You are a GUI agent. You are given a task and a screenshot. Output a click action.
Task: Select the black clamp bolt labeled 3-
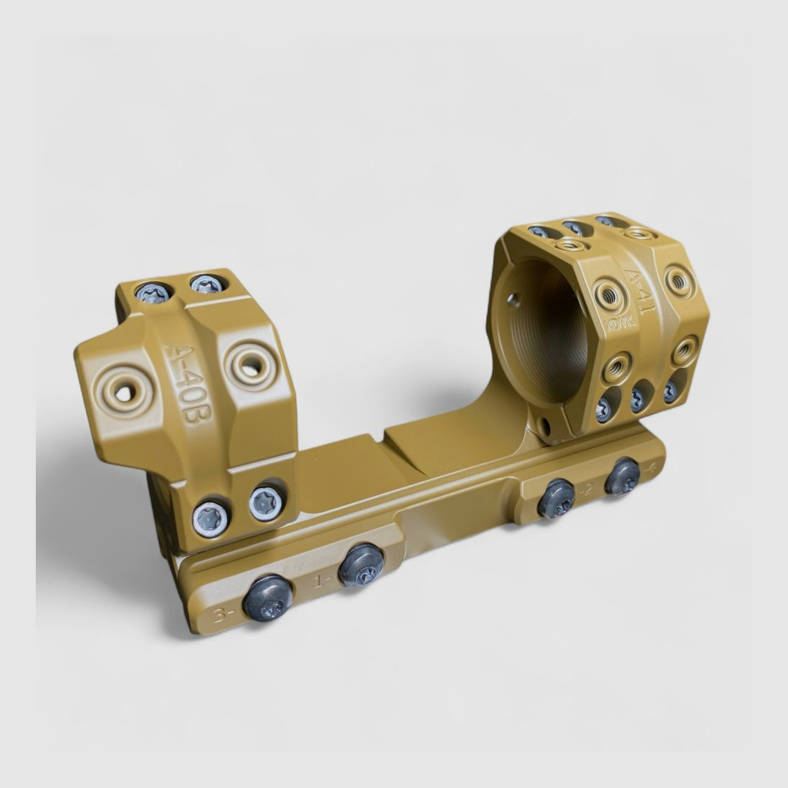pos(267,598)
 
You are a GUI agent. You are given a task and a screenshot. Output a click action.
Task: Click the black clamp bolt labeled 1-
pos(361,564)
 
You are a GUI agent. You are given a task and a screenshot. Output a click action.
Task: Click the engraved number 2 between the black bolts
pos(589,489)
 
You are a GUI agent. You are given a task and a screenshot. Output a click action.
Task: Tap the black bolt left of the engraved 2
pos(557,499)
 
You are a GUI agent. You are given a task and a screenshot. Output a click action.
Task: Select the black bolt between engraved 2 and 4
pos(622,476)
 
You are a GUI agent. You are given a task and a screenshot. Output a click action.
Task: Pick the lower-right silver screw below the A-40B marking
pos(266,502)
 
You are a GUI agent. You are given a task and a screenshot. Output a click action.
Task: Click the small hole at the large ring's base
pos(545,429)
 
